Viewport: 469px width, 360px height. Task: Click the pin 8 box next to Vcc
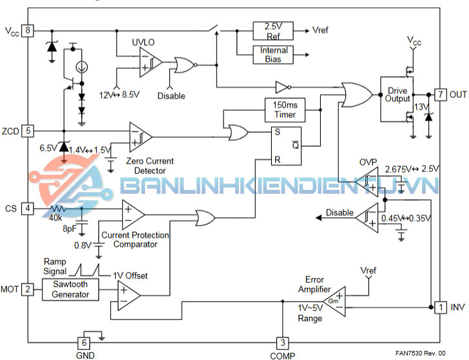(28, 30)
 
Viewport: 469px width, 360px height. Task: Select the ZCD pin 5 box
(28, 130)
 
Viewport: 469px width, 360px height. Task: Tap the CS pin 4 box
(28, 209)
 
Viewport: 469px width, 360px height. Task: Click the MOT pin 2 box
(28, 289)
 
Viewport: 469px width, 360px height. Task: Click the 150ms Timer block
(285, 109)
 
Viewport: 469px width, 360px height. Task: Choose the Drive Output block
(397, 94)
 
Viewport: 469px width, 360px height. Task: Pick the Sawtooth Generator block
(71, 289)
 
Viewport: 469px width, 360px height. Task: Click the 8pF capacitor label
(71, 228)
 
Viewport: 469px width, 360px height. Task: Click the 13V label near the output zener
(421, 106)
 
